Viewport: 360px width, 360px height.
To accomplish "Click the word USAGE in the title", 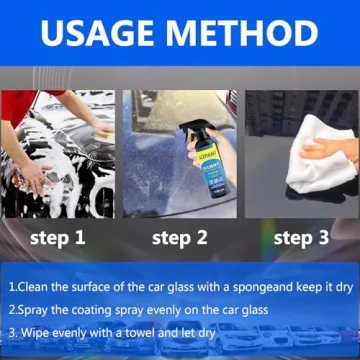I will click(x=98, y=34).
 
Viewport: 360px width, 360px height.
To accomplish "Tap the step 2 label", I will click(x=179, y=238).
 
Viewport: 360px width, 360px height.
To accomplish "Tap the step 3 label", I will click(x=301, y=238).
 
